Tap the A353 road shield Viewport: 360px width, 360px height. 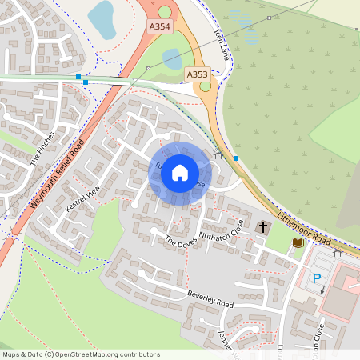coord(197,74)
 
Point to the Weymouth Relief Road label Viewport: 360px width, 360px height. coord(57,174)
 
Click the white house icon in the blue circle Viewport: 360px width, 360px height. coord(180,172)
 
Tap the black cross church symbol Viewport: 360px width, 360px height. coord(263,228)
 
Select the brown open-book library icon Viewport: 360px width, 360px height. coord(298,242)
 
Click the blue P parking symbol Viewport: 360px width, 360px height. coord(317,278)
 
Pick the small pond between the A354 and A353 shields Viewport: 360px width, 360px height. coord(171,58)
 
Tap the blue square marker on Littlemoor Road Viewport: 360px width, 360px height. coord(236,158)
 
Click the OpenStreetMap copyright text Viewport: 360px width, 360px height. coord(81,354)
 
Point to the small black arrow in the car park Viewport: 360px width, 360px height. coord(322,291)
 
